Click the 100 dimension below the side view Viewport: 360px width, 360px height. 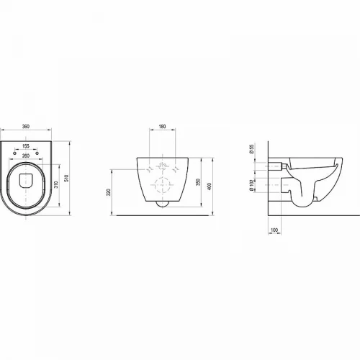click(274, 230)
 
